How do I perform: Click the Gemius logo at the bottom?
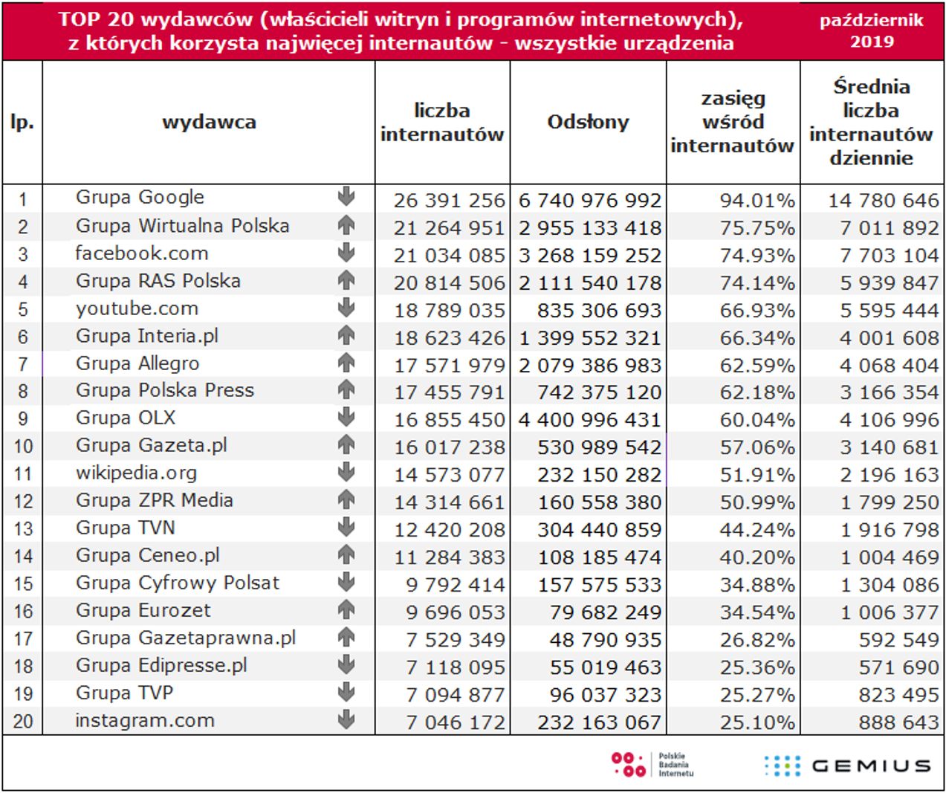(847, 766)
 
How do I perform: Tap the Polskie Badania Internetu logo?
(652, 765)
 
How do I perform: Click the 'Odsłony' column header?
(588, 122)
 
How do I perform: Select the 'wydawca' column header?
(209, 122)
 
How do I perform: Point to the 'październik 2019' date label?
(872, 30)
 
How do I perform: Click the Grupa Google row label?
(140, 198)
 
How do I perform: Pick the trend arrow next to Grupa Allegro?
(346, 363)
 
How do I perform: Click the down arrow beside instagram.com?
(346, 719)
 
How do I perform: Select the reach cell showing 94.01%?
(757, 201)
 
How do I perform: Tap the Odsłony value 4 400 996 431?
(589, 420)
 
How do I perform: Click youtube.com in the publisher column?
(137, 308)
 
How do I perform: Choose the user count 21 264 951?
(449, 228)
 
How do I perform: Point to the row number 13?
(23, 529)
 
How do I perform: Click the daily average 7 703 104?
(889, 256)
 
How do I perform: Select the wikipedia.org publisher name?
(136, 473)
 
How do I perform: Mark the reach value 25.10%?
(757, 722)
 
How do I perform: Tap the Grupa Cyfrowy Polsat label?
(178, 583)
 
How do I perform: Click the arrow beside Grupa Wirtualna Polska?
(346, 225)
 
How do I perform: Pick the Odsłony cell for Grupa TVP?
(599, 694)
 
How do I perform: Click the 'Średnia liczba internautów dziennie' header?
(871, 122)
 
